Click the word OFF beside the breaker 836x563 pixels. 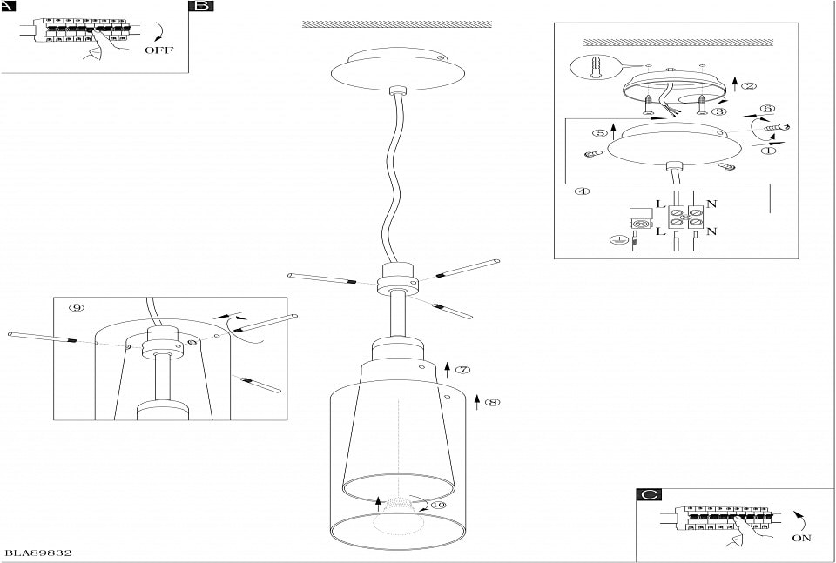coord(159,50)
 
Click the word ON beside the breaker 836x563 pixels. coord(802,538)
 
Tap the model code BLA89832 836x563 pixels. coord(38,553)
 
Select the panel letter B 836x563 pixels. coord(201,6)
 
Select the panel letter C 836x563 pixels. coord(649,495)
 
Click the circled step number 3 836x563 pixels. coord(718,111)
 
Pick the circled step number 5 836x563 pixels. coord(600,133)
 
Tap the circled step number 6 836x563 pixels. coord(767,109)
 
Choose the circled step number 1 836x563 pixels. coord(768,150)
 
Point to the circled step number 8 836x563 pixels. coord(494,402)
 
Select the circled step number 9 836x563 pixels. coord(77,307)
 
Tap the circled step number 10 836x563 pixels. coord(436,504)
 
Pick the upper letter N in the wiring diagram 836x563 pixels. coord(712,204)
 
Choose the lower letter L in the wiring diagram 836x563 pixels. coord(661,232)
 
